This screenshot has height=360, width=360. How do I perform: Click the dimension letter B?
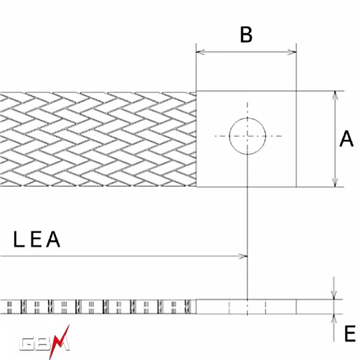coord(246,35)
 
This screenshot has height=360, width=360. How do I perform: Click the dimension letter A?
coord(347,138)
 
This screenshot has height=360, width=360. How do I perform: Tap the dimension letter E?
coord(350,333)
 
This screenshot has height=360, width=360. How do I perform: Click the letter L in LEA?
coord(19,239)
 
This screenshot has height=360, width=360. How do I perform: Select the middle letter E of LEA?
coord(36,239)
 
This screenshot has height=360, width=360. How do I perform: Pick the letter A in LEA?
coord(53,239)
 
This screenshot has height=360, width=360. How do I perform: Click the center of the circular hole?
coord(247,136)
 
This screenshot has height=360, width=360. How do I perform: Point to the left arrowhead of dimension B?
coord(201,52)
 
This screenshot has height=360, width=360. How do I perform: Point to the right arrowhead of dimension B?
coord(292,52)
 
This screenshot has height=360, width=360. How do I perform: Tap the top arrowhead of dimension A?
coord(335,96)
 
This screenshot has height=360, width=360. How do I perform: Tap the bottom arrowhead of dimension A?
coord(335,182)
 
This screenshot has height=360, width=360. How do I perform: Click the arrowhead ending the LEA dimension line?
coord(243,257)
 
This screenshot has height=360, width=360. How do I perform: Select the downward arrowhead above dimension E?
coord(334,295)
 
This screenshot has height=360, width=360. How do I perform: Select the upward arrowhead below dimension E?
coord(334,319)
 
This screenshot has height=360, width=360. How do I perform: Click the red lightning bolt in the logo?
coord(59,341)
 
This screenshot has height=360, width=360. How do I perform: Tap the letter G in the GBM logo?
coord(27,344)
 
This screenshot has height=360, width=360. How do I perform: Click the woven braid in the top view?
coord(98,139)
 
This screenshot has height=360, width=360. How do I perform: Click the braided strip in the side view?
coord(98,307)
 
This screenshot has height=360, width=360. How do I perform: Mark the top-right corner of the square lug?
coord(296,91)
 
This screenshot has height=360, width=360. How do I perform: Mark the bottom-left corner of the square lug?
coord(196,187)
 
